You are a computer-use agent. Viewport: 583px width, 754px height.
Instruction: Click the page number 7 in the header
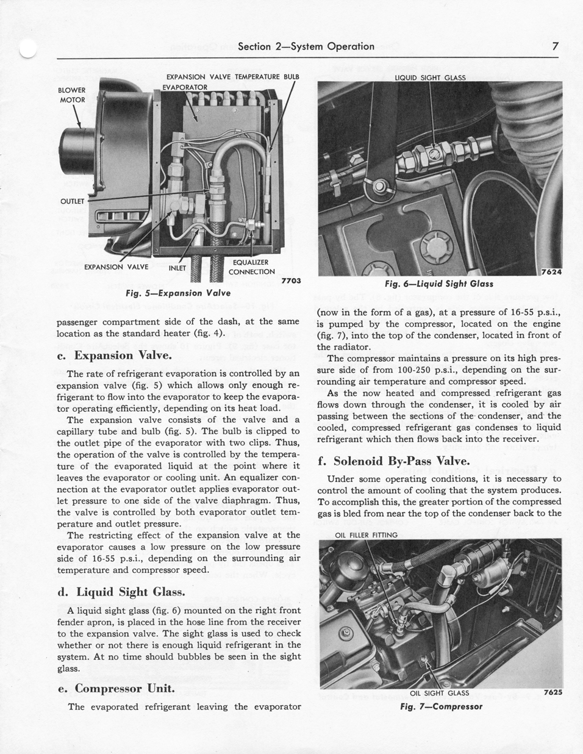[555, 46]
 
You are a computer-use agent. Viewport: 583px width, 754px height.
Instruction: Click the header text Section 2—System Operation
[306, 46]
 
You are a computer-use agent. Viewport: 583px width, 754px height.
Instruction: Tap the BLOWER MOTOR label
[72, 95]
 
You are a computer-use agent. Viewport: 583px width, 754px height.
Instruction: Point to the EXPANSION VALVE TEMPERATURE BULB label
[233, 77]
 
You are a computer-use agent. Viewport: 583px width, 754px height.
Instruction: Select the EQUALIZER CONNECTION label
[251, 267]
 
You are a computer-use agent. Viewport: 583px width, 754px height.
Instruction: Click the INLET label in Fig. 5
[177, 267]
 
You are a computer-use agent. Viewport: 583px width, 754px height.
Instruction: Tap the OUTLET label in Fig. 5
[72, 201]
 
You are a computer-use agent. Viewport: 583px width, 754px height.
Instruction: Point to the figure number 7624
[551, 272]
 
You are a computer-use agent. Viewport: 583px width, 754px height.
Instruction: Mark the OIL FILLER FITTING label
[367, 535]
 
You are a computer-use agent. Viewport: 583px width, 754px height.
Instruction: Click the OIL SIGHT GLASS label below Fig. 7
[439, 693]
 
